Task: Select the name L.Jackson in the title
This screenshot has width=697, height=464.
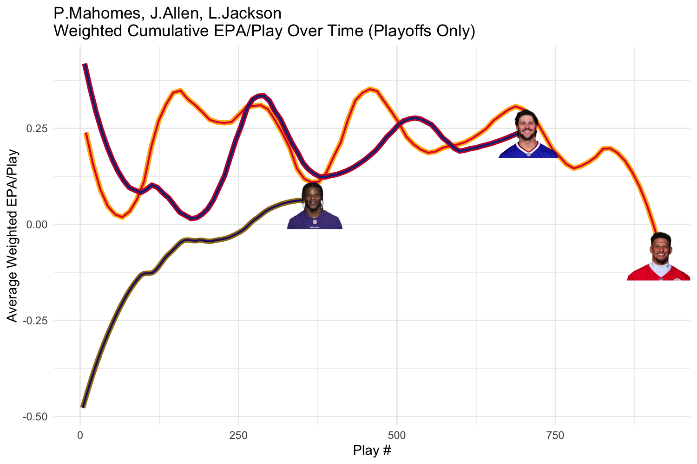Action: click(244, 13)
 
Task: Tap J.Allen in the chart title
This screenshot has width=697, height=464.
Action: click(174, 13)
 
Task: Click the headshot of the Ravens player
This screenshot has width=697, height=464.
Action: click(315, 206)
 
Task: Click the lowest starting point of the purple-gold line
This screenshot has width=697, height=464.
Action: click(83, 407)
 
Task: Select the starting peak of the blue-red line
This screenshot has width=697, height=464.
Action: click(85, 65)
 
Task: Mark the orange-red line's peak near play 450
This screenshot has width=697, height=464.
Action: click(370, 88)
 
